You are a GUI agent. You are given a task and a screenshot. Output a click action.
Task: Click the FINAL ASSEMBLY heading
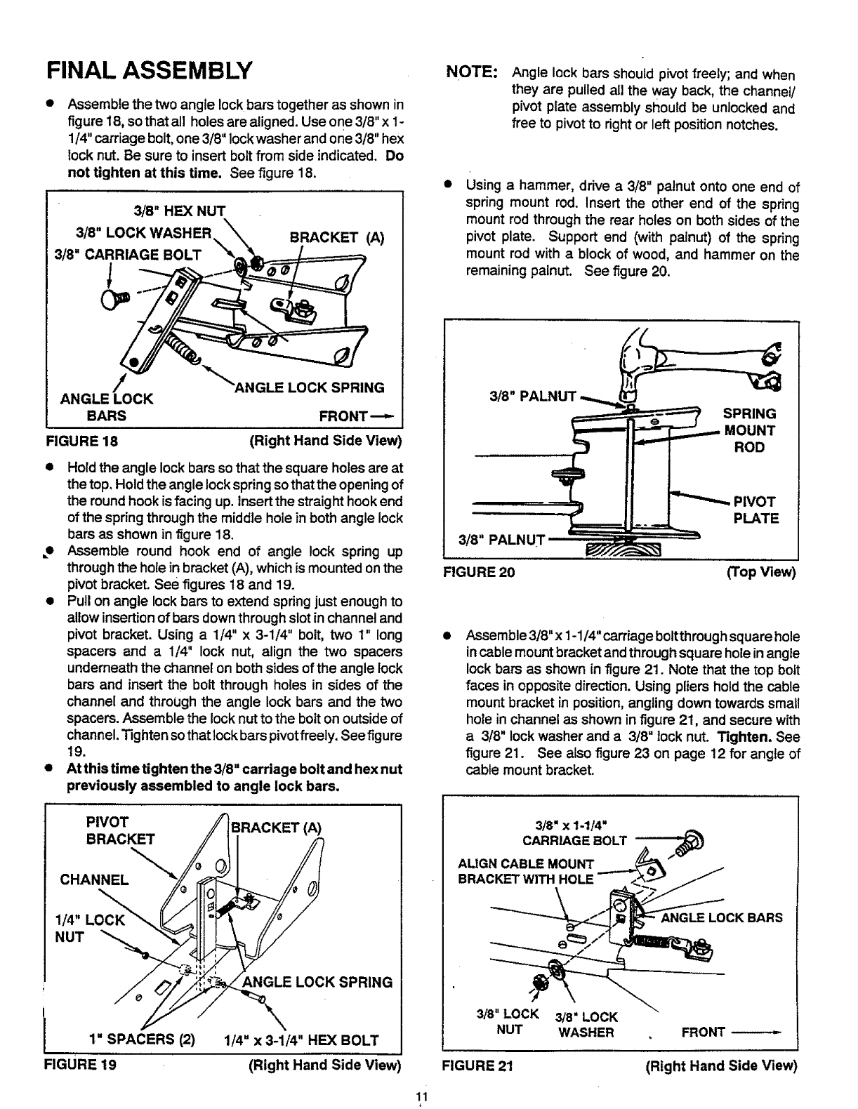pyautogui.click(x=148, y=70)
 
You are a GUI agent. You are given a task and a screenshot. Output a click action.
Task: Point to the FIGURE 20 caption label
pyautogui.click(x=478, y=572)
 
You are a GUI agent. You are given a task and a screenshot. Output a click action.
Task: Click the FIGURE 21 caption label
pyautogui.click(x=477, y=1065)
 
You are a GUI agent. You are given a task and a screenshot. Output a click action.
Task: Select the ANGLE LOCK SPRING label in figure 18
pyautogui.click(x=310, y=387)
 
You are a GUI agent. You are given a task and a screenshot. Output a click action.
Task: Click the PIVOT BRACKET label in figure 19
pyautogui.click(x=119, y=830)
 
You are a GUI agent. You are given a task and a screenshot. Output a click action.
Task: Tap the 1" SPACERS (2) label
pyautogui.click(x=143, y=1040)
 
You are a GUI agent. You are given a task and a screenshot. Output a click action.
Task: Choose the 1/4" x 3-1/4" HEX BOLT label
pyautogui.click(x=301, y=1040)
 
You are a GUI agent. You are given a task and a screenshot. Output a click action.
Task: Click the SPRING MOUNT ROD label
pyautogui.click(x=749, y=430)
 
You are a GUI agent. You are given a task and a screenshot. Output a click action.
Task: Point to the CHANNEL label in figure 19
pyautogui.click(x=93, y=879)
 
